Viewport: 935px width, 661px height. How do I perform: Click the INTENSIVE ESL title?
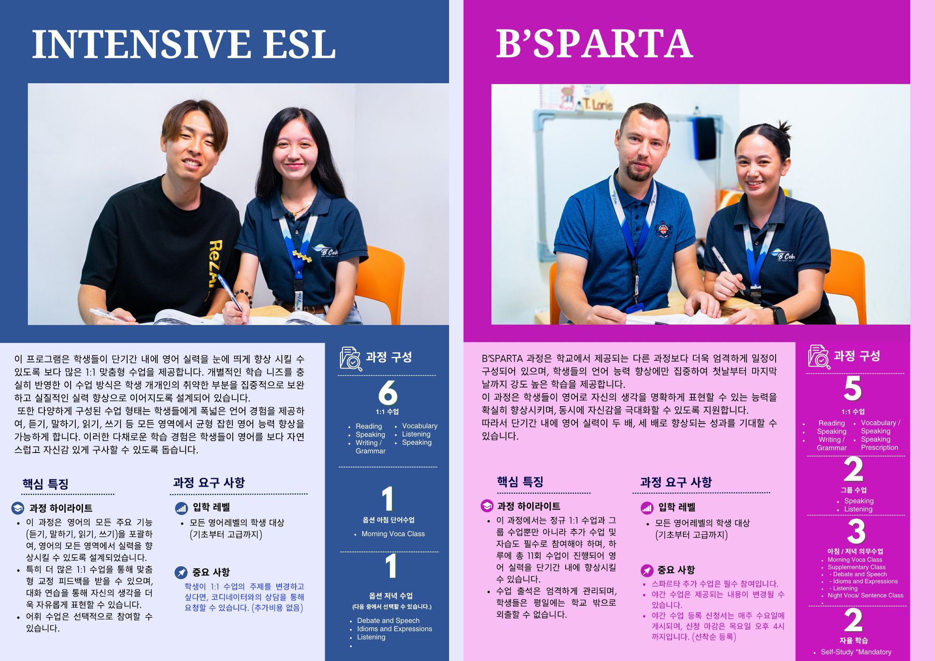184,44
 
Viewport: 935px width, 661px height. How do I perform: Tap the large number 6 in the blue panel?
388,392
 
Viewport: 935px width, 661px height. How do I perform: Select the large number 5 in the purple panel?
853,388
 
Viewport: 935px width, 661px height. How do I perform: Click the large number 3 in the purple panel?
856,531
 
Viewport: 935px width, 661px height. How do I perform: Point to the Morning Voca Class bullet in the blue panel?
393,534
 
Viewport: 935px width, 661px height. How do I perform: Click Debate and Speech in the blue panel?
388,620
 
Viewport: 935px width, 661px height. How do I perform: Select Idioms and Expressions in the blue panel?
395,629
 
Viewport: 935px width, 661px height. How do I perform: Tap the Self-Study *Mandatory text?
856,652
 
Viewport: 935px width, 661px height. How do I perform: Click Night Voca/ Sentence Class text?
865,595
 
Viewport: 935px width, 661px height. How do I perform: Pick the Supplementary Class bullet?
856,567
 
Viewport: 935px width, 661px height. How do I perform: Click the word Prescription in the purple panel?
879,447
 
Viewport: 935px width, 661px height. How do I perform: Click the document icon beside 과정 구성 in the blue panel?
351,359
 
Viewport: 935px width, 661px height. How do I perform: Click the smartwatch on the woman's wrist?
779,314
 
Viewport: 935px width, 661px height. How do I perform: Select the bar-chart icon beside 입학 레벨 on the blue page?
181,508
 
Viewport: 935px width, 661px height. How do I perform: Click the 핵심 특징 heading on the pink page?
520,482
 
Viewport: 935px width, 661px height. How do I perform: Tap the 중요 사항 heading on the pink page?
676,570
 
